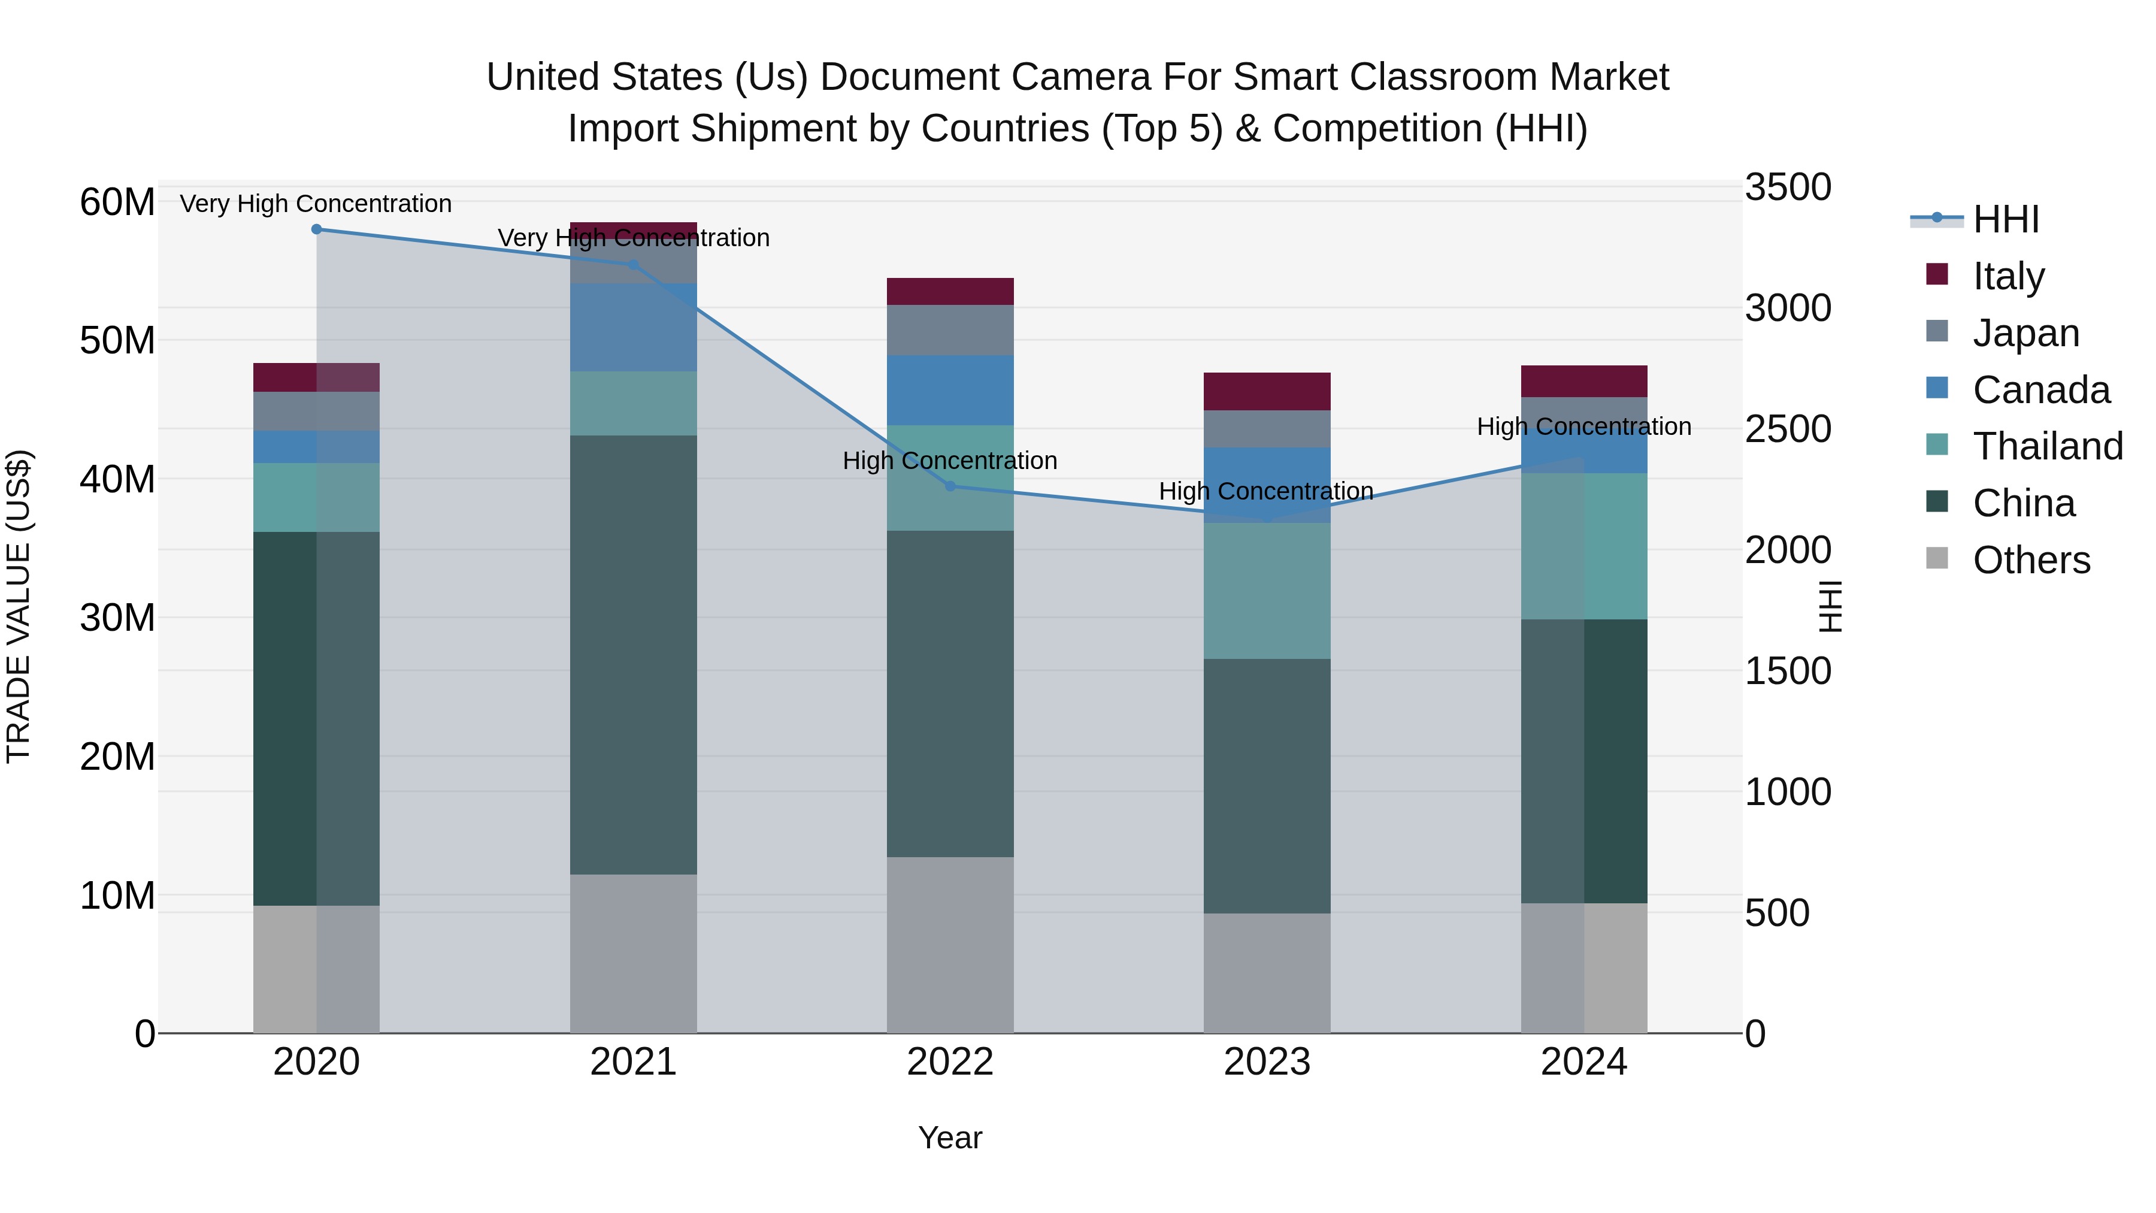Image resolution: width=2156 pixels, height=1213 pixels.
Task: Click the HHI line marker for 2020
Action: coord(316,229)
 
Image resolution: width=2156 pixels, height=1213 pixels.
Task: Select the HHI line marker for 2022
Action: coord(950,486)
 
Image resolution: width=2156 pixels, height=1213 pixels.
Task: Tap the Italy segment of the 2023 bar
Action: coord(1266,391)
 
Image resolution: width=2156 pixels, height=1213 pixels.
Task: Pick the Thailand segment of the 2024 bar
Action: coord(1583,546)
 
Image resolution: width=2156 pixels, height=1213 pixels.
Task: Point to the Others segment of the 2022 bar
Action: coord(950,944)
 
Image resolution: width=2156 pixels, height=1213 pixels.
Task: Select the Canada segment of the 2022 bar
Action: coord(950,390)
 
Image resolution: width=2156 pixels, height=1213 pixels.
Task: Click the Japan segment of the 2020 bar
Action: coord(316,411)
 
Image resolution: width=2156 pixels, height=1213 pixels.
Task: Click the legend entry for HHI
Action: coord(2005,219)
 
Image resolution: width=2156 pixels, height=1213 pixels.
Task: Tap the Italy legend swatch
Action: coord(1937,274)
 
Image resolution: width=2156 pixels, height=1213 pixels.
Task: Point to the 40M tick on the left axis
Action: coord(117,480)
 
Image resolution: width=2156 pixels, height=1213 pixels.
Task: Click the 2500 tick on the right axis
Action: coord(1788,429)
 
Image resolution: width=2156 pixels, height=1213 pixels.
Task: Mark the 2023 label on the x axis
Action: coord(1266,1062)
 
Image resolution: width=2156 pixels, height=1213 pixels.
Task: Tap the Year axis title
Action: coord(950,1138)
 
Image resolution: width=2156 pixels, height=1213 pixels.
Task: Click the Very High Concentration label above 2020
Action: coord(316,204)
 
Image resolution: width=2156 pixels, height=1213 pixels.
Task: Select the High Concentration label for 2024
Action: coord(1583,426)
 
